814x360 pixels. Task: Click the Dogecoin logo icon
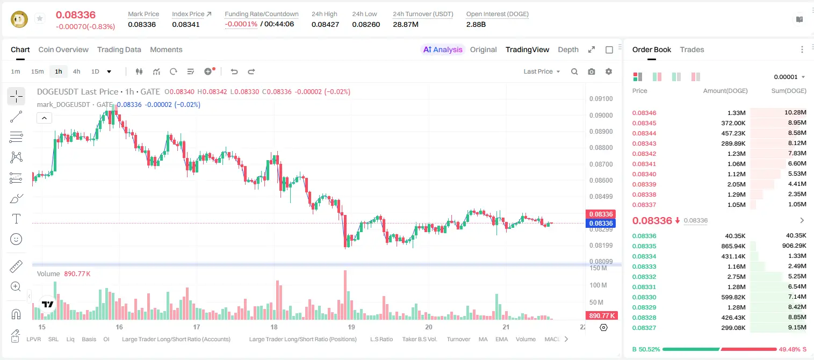click(19, 19)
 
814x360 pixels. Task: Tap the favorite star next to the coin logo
click(40, 18)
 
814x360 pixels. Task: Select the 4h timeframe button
click(76, 71)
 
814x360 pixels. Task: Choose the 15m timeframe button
click(38, 71)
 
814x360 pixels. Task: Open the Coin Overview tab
click(63, 49)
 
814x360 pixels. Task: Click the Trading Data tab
click(119, 49)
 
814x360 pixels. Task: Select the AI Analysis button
click(443, 49)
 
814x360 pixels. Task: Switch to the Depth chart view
click(568, 49)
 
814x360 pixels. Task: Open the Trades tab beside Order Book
click(692, 49)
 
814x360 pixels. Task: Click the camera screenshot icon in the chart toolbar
click(592, 71)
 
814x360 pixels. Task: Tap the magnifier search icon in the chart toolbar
click(574, 71)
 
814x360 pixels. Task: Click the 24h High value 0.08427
click(325, 24)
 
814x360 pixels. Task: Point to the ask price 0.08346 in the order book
click(644, 113)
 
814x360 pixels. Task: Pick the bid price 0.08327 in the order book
click(644, 328)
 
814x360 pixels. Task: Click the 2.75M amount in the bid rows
click(736, 277)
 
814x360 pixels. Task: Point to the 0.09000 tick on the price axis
click(601, 115)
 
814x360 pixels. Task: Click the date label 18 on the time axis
click(273, 327)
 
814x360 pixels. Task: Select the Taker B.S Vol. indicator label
click(419, 339)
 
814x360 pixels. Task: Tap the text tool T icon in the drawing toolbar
click(16, 219)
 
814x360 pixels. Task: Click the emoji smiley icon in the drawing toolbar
click(16, 239)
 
